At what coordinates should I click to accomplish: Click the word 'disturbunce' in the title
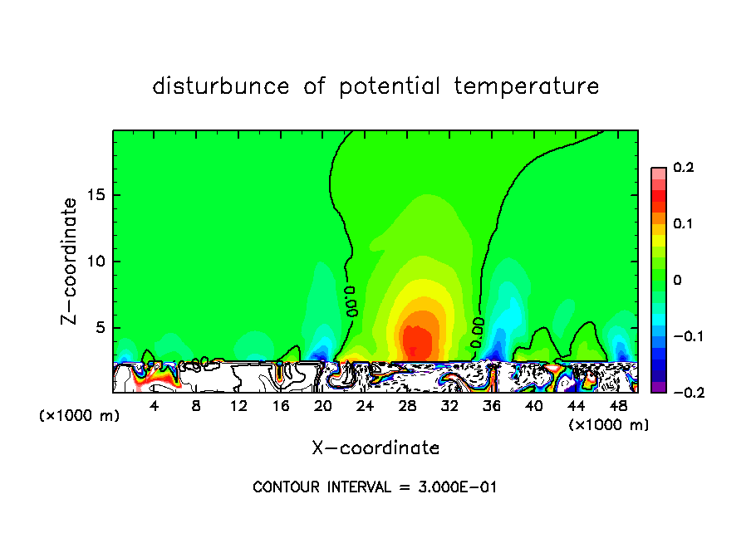coord(220,86)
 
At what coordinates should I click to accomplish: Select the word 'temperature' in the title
coord(527,86)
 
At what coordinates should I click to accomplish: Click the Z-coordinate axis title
coord(71,261)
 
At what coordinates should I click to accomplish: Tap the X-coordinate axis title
coord(375,448)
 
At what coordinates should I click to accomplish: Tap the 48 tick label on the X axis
coord(617,406)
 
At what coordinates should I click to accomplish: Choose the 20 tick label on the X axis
coord(323,406)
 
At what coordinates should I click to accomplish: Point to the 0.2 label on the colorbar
coord(683,168)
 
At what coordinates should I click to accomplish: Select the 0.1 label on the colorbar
coord(683,224)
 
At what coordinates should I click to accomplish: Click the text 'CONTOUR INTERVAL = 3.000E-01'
coord(375,487)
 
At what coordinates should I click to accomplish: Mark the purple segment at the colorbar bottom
coord(659,387)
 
